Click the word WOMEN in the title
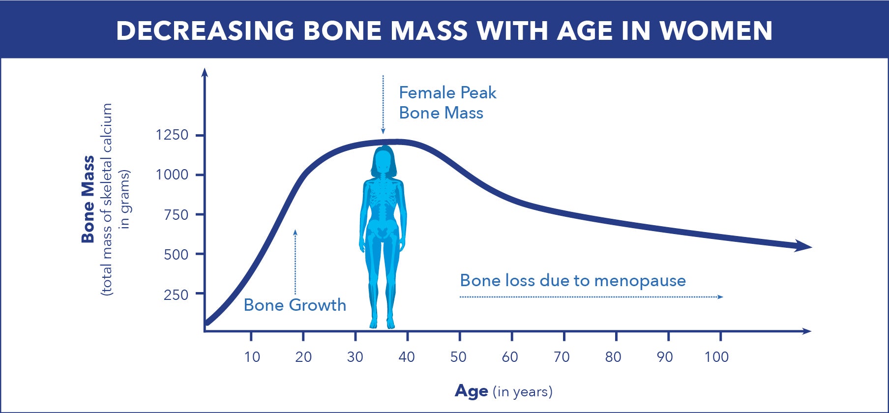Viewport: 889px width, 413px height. click(x=716, y=30)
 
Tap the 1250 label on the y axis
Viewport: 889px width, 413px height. click(x=172, y=135)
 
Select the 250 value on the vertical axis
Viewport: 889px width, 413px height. click(x=176, y=295)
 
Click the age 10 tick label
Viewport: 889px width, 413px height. click(x=252, y=357)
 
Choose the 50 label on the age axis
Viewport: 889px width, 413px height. click(x=458, y=357)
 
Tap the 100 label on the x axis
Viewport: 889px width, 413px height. click(x=716, y=357)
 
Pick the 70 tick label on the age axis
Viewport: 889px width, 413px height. click(x=562, y=357)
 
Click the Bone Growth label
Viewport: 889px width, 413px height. click(x=295, y=305)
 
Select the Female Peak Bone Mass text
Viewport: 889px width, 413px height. click(x=447, y=103)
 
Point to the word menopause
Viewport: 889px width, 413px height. click(x=640, y=281)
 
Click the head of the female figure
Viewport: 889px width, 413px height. click(x=384, y=161)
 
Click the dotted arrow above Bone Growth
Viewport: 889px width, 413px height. click(x=296, y=262)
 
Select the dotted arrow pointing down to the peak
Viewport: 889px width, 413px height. click(x=383, y=105)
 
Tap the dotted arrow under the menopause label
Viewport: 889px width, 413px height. click(x=592, y=297)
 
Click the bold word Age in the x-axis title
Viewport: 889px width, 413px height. click(x=472, y=391)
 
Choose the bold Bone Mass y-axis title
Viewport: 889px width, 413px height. click(x=88, y=199)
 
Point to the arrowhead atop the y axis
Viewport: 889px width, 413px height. click(x=205, y=72)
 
